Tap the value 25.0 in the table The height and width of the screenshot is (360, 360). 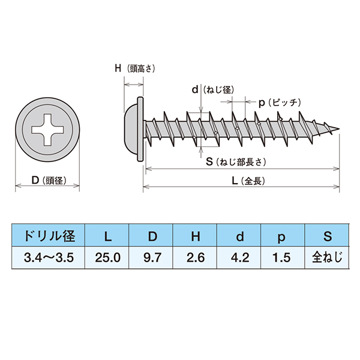pos(107,259)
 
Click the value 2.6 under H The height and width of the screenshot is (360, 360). pos(195,259)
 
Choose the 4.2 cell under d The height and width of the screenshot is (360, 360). pos(239,259)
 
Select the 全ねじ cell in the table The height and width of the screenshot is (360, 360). pos(328,259)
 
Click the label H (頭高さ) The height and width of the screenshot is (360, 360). pos(135,69)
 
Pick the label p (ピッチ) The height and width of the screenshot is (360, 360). pos(278,103)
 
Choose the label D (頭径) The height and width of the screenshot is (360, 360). pos(47,180)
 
